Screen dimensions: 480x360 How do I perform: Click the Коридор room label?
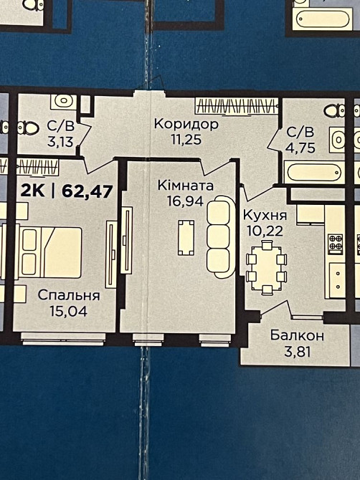(x=186, y=124)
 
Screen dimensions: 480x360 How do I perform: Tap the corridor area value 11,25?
(x=186, y=140)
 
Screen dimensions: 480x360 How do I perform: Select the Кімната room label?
(x=186, y=185)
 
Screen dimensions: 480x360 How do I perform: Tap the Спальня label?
(x=69, y=294)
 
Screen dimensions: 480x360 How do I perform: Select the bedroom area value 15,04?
(x=69, y=310)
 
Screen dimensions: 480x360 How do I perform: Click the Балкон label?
(x=298, y=335)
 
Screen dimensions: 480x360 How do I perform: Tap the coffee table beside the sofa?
(x=185, y=237)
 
